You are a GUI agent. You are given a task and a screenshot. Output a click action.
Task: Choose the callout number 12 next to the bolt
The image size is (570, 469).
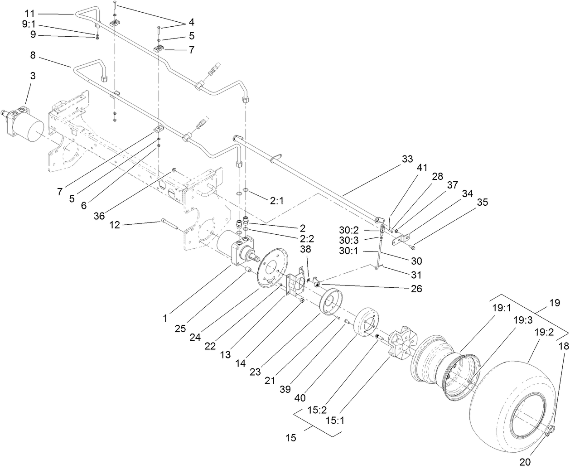pyautogui.click(x=115, y=225)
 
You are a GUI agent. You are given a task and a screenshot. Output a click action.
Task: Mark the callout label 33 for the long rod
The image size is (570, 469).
pyautogui.click(x=407, y=160)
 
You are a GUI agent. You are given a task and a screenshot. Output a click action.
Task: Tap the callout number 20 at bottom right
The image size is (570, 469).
pyautogui.click(x=525, y=462)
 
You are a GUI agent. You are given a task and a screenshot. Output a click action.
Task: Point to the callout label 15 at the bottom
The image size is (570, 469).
pyautogui.click(x=290, y=438)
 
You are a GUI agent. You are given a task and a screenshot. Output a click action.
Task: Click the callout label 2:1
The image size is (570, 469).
pyautogui.click(x=276, y=201)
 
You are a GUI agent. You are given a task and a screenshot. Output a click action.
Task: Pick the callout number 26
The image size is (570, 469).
pyautogui.click(x=416, y=288)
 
